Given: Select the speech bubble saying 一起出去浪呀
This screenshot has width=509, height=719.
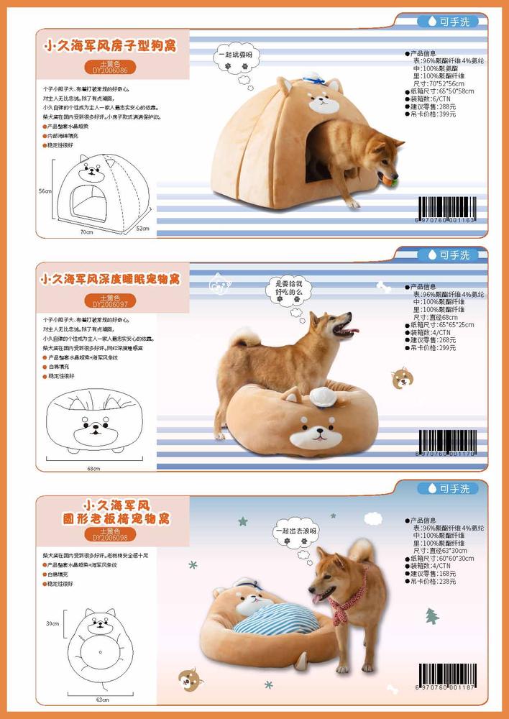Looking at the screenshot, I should (x=295, y=531).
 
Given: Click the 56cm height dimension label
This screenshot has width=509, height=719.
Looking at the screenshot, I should (x=45, y=191).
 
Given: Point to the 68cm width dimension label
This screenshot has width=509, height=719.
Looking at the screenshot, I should (x=93, y=468).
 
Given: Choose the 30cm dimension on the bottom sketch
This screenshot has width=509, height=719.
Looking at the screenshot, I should (x=52, y=624).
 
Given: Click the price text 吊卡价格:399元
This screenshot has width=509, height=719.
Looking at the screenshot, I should (x=434, y=114).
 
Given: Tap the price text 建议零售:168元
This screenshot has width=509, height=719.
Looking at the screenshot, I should (x=434, y=573).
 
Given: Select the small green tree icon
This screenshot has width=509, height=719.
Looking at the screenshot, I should (x=431, y=615).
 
